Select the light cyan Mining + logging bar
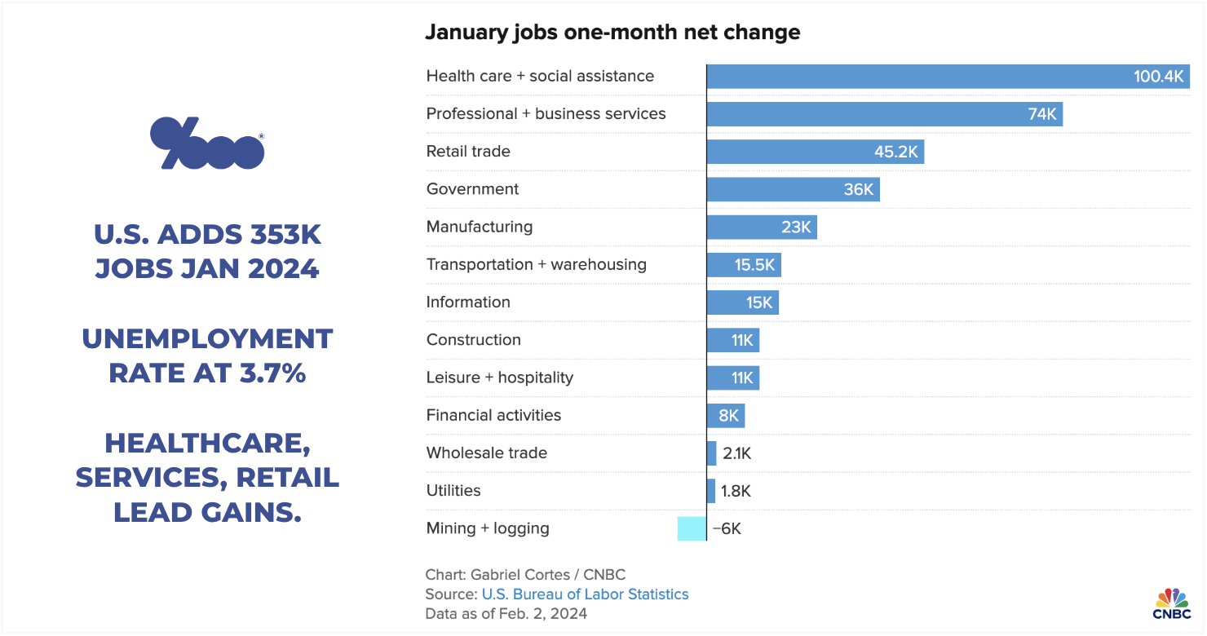(x=692, y=528)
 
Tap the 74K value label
(x=1041, y=114)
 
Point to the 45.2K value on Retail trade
(x=895, y=152)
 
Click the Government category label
(x=472, y=189)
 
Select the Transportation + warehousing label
(x=536, y=264)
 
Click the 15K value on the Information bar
(x=758, y=303)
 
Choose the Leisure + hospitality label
(x=499, y=378)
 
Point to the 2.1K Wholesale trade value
(x=736, y=453)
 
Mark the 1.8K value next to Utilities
(x=736, y=491)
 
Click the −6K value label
(x=726, y=528)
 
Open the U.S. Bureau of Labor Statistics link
(x=585, y=594)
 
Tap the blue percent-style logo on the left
(x=207, y=144)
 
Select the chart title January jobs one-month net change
(x=612, y=33)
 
